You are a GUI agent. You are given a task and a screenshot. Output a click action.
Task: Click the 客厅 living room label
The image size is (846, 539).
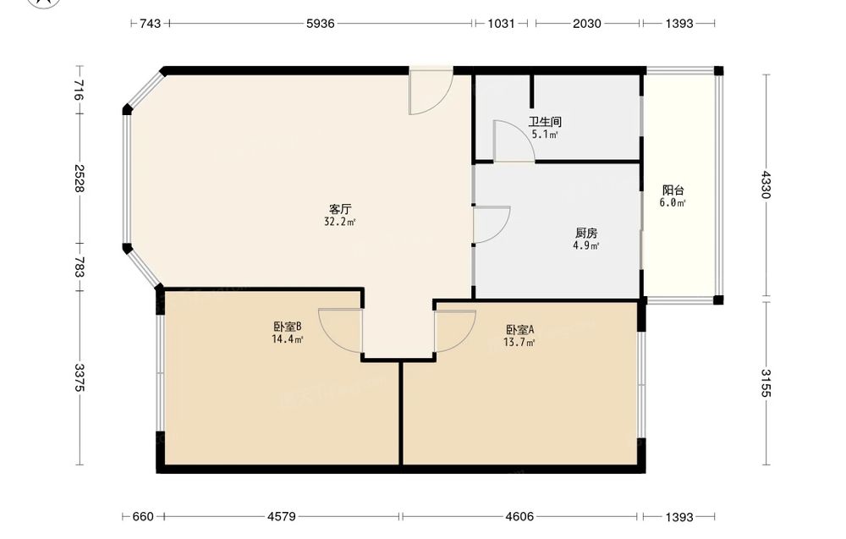click(340, 209)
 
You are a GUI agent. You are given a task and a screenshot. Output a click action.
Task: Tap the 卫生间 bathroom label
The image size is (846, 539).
click(544, 122)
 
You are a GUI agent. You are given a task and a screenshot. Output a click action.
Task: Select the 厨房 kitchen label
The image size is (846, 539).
click(586, 233)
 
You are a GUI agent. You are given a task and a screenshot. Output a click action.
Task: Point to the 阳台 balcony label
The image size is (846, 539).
click(673, 190)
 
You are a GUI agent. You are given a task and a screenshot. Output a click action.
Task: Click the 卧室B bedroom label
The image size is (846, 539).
click(287, 327)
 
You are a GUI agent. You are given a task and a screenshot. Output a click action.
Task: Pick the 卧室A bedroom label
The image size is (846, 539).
click(519, 329)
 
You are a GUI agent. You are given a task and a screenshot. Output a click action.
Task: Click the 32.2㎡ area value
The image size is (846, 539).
click(340, 222)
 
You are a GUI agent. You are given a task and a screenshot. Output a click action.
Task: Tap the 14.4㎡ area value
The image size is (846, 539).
click(287, 339)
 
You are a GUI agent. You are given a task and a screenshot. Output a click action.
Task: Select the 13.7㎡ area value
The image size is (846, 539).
click(519, 343)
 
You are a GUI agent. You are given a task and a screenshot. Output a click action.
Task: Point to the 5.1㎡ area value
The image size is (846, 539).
click(544, 135)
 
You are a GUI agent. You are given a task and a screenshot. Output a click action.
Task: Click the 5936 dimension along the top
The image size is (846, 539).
click(321, 23)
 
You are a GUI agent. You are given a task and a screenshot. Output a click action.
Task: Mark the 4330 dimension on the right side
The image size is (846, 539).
click(766, 184)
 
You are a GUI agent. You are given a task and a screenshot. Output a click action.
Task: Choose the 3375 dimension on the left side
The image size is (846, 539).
click(80, 377)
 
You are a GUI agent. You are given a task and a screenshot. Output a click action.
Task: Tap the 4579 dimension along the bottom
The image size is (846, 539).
click(282, 517)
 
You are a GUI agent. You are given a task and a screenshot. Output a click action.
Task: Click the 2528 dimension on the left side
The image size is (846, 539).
click(80, 178)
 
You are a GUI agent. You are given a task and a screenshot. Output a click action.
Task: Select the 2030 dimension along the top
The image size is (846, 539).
click(587, 23)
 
